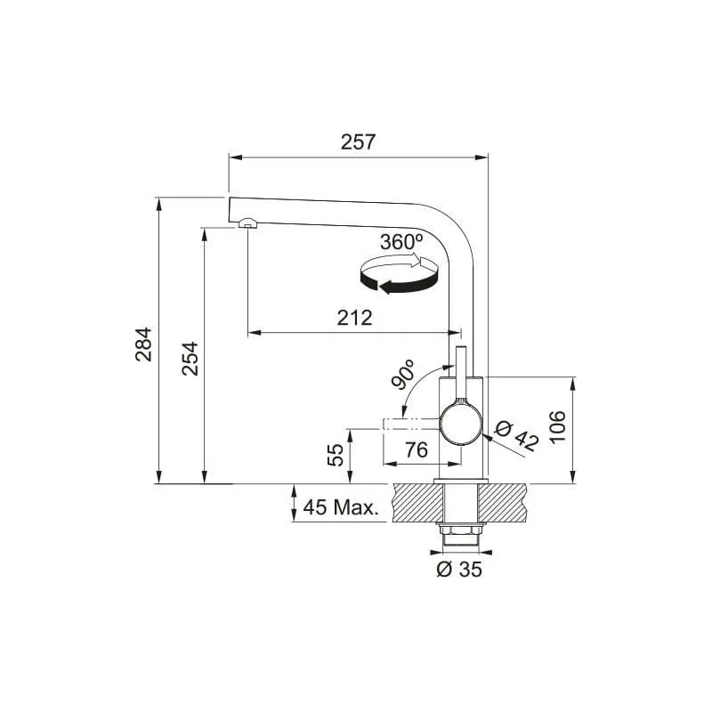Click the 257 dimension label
click(x=359, y=142)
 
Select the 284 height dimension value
click(x=144, y=344)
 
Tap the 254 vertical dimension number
click(x=190, y=359)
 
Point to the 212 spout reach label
click(x=354, y=318)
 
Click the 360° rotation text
click(x=401, y=242)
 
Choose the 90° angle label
click(x=403, y=375)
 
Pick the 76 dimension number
click(x=417, y=449)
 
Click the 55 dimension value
click(x=336, y=455)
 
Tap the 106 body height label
click(x=557, y=426)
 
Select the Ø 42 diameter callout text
click(x=517, y=436)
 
